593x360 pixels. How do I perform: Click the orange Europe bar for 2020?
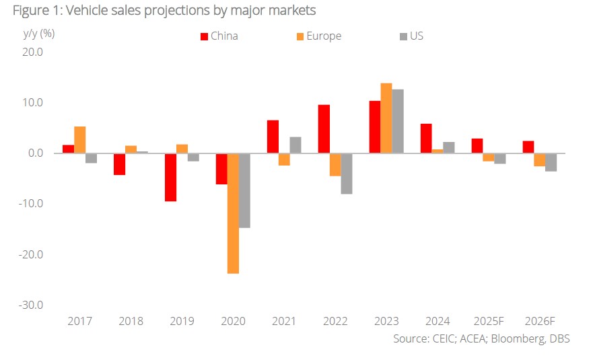click(233, 213)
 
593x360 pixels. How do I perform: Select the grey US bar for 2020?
click(244, 190)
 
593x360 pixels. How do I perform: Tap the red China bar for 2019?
click(171, 177)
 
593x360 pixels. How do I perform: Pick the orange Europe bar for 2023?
click(386, 118)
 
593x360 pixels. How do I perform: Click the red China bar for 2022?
click(324, 129)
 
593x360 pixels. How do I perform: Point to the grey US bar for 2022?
click(347, 174)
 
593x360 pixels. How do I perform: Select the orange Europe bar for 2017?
click(79, 140)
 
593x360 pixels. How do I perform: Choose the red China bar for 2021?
click(273, 137)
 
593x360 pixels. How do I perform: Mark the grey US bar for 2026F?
click(551, 162)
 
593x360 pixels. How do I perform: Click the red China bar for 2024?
click(426, 139)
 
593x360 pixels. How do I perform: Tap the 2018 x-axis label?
click(131, 320)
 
